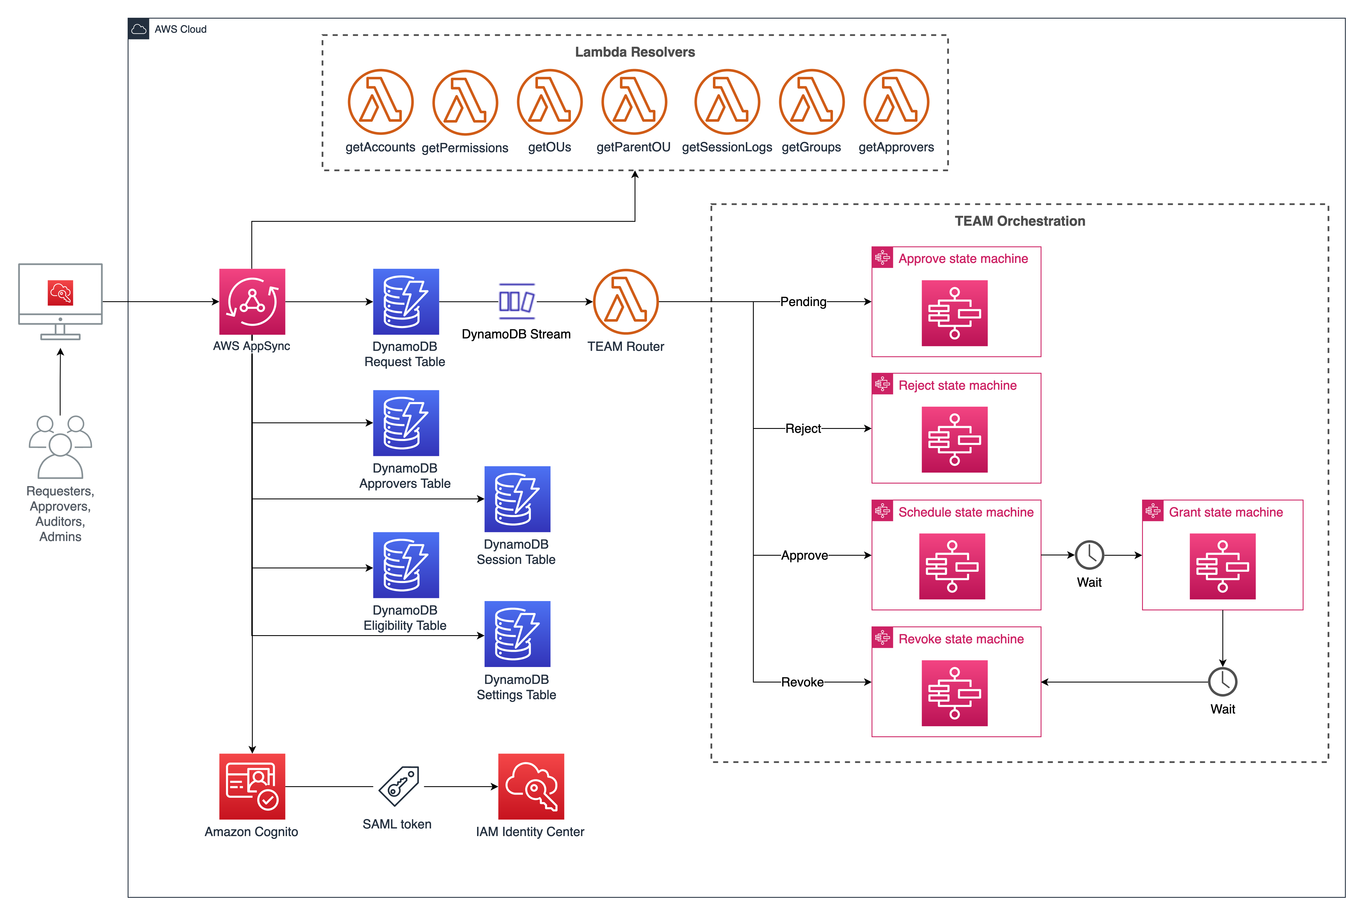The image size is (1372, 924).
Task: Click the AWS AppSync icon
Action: click(x=252, y=302)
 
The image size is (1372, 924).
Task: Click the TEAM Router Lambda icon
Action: click(x=626, y=302)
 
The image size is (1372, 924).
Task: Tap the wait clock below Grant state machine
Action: click(x=1222, y=682)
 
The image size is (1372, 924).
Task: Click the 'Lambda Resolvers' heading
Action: click(x=635, y=52)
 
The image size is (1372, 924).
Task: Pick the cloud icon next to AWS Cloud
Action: click(x=138, y=29)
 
